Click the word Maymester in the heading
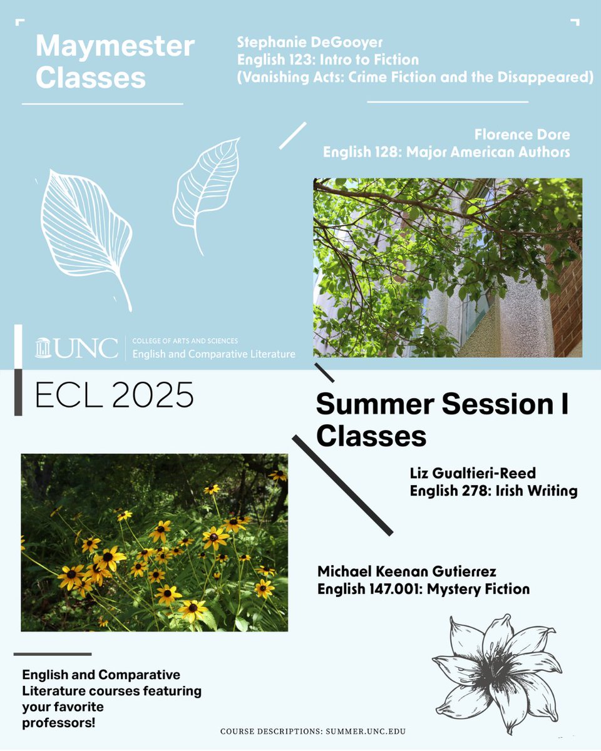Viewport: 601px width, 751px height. [115, 47]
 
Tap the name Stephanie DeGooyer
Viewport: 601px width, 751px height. [309, 43]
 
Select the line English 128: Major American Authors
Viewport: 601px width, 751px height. [446, 152]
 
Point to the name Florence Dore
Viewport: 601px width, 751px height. [522, 135]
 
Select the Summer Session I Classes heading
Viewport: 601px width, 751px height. [441, 419]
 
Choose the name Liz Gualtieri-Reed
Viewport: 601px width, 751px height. [473, 474]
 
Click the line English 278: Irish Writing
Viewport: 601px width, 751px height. [493, 491]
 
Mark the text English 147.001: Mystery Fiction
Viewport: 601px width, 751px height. [423, 589]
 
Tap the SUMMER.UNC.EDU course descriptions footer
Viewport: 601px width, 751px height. [317, 731]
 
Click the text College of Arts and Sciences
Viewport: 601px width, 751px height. [185, 341]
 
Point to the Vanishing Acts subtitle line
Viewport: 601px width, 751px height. [414, 78]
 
